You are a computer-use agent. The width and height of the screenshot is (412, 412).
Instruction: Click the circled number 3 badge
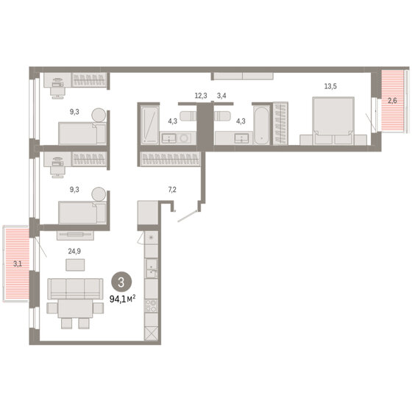point(121,283)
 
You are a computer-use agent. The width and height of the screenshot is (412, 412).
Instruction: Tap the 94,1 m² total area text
point(122,299)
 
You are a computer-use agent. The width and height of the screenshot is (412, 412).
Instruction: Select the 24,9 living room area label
point(74,252)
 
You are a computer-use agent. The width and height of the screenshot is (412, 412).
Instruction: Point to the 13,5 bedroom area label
point(330,86)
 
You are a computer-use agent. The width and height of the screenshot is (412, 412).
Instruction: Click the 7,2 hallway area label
point(172,190)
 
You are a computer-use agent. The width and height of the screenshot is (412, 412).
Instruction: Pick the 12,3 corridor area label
point(201,96)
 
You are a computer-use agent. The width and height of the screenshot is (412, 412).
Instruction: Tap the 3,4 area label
point(221,96)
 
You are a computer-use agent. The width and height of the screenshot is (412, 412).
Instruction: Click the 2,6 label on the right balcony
point(392,100)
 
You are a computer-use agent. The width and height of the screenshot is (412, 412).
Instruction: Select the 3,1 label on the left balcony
point(18,263)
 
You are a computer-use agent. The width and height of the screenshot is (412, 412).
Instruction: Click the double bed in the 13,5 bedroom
point(333,121)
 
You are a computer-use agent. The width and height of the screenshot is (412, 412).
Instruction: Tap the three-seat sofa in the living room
point(75,288)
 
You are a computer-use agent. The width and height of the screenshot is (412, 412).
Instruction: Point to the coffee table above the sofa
point(75,265)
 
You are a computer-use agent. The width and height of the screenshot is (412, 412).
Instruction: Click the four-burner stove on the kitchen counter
point(152,306)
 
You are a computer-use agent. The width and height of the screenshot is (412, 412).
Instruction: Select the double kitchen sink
point(152,269)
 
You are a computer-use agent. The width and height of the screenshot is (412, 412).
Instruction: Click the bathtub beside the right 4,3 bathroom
point(261,125)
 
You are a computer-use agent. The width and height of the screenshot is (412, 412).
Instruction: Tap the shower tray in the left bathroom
point(149,125)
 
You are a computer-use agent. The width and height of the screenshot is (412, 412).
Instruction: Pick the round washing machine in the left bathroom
point(183,138)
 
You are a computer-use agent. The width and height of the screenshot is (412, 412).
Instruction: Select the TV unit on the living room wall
point(75,235)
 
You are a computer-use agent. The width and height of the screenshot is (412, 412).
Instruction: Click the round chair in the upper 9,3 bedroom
point(99,115)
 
